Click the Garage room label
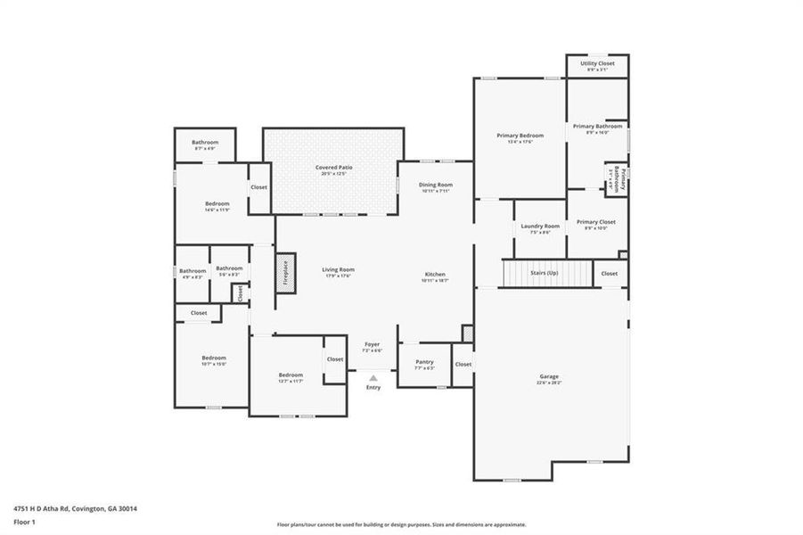coord(549,377)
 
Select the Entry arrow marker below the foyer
coord(373,379)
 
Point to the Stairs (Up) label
coord(544,272)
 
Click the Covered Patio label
coord(333,168)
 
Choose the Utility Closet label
coord(597,63)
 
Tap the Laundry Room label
coord(540,226)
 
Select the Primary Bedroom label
coord(520,136)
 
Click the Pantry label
coord(424,362)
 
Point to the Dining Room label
coord(436,185)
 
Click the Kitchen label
coord(435,275)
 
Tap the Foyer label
coord(373,344)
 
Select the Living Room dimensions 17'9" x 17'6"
coord(338,276)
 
